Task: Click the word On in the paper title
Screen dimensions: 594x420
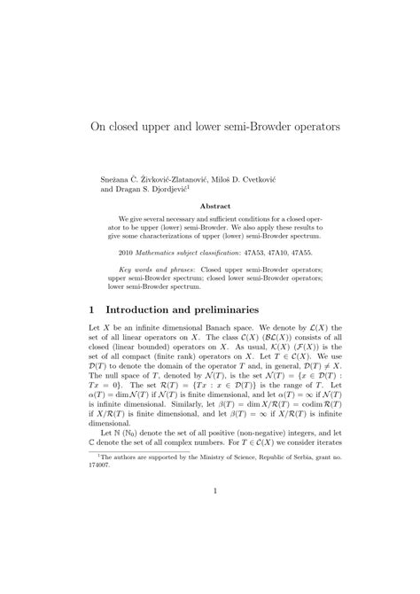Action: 100,127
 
